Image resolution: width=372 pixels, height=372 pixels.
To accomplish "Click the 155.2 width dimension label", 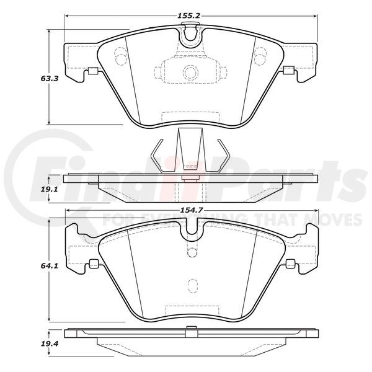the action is pyautogui.click(x=189, y=16).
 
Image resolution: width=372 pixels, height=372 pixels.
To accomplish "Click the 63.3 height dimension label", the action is pyautogui.click(x=50, y=79).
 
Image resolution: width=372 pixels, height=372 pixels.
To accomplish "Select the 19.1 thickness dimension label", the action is pyautogui.click(x=50, y=190).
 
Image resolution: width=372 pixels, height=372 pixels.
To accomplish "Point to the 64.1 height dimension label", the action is pyautogui.click(x=50, y=266).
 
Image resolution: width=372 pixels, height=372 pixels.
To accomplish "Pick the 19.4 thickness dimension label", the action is pyautogui.click(x=50, y=343).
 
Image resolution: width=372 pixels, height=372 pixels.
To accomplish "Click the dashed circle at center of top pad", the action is pyautogui.click(x=190, y=72).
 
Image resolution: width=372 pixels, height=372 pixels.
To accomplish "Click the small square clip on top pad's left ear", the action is pyautogui.click(x=93, y=71).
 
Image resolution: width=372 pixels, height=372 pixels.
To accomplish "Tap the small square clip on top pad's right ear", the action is pyautogui.click(x=289, y=69).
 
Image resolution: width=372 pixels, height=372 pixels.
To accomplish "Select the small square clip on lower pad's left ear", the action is pyautogui.click(x=94, y=263).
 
